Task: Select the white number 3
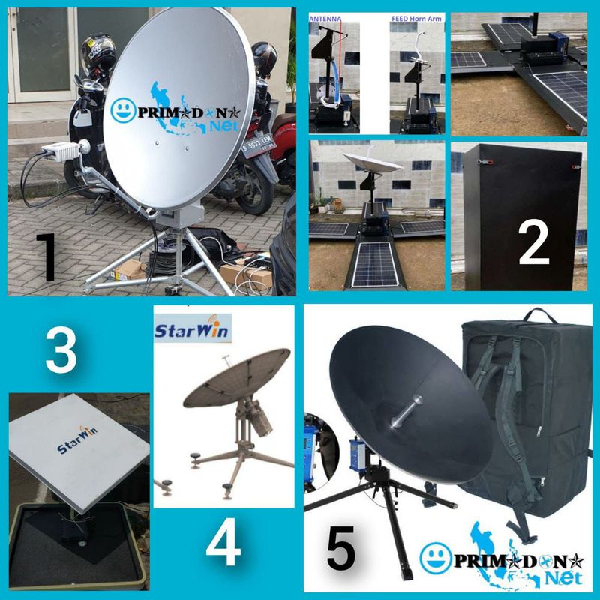(61, 351)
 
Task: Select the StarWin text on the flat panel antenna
(78, 449)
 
